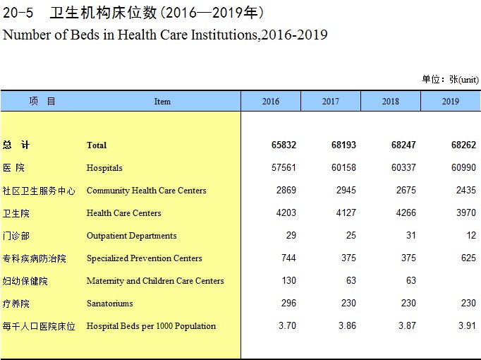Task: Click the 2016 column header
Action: [x=271, y=101]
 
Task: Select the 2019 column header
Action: [x=451, y=101]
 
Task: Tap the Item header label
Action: [x=162, y=102]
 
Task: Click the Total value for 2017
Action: [x=343, y=145]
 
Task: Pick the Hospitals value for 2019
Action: [x=463, y=167]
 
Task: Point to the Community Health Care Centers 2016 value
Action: [x=286, y=190]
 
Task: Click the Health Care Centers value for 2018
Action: [x=406, y=212]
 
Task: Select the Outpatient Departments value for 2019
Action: [x=471, y=235]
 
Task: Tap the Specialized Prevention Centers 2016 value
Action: [x=288, y=258]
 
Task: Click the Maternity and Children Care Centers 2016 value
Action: [x=288, y=280]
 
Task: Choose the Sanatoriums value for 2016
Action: [x=288, y=304]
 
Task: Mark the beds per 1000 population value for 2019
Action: [x=467, y=325]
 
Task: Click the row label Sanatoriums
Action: [x=110, y=304]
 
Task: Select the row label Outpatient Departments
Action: [x=132, y=236]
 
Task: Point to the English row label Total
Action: [x=97, y=145]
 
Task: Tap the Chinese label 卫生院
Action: [x=16, y=213]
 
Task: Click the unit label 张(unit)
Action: [x=464, y=80]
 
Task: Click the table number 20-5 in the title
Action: [x=18, y=13]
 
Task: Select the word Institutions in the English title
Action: [x=224, y=35]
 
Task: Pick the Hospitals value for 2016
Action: [x=284, y=167]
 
